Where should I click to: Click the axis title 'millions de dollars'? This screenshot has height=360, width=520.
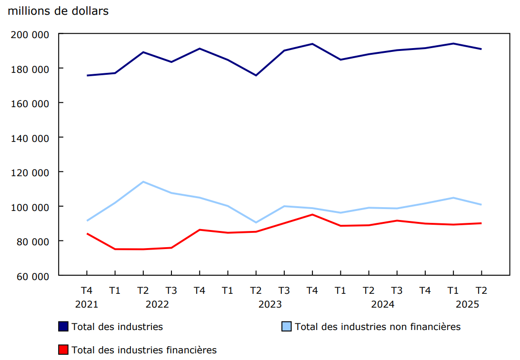58,11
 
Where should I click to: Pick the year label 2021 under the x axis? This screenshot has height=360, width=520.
87,304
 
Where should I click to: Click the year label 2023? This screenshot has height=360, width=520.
270,304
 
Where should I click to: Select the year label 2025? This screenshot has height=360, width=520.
467,304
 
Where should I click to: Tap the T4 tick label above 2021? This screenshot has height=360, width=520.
87,290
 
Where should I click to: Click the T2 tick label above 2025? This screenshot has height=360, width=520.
481,290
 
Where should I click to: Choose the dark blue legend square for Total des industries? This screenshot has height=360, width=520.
63,327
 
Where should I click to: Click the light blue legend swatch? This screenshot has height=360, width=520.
287,327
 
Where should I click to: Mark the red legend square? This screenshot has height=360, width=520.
63,350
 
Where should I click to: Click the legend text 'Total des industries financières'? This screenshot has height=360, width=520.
144,350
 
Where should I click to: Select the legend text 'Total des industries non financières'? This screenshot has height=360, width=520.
378,327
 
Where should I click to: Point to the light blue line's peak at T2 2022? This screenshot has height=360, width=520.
143,181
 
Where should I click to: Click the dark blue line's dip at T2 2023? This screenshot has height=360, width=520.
256,75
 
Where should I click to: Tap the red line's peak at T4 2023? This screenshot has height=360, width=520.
312,214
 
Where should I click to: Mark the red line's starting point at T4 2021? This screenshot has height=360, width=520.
87,233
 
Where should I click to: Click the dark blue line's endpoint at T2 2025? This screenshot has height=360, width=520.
481,49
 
